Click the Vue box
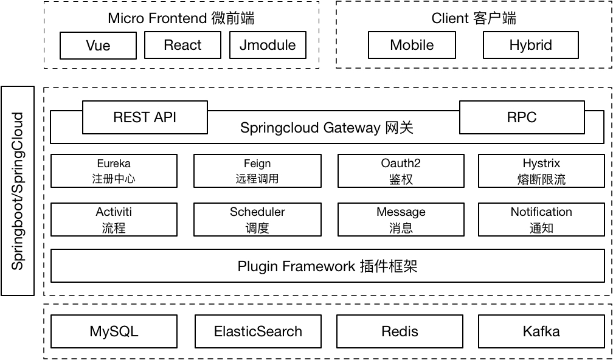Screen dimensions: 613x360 click(98, 46)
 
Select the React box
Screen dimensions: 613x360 click(182, 45)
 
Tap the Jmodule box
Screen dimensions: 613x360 click(268, 45)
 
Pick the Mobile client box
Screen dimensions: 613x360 click(412, 45)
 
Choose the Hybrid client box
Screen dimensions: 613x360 click(530, 45)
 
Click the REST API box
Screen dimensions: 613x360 click(145, 117)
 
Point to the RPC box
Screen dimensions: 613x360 click(522, 117)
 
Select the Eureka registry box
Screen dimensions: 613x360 click(114, 171)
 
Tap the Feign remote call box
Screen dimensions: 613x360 click(257, 171)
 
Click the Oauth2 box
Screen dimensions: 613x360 click(401, 171)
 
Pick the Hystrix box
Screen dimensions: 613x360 click(541, 171)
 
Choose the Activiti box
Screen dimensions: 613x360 click(114, 220)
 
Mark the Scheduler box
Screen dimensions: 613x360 click(257, 220)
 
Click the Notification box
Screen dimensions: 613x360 click(541, 220)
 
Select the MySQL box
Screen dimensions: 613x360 click(114, 331)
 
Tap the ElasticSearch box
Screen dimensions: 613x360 click(258, 331)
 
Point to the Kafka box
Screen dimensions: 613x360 click(541, 331)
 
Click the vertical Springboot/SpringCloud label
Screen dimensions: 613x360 click(18, 191)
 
